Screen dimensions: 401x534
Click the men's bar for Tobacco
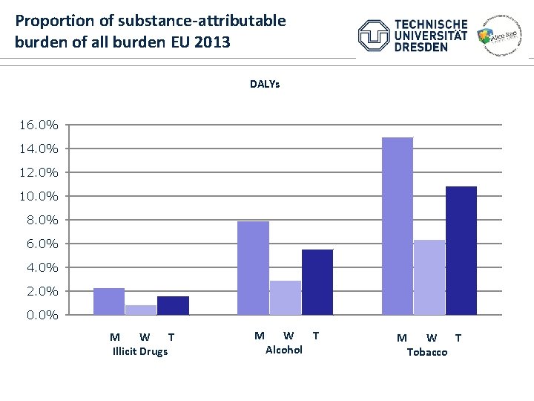(397, 226)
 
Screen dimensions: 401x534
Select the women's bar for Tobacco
(429, 277)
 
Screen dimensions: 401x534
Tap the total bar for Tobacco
(461, 250)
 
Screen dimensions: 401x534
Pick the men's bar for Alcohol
(253, 268)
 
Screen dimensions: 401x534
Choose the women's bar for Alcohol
(285, 297)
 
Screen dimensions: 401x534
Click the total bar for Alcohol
(317, 281)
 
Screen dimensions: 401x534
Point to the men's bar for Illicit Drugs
(109, 301)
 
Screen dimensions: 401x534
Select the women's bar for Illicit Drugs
(141, 310)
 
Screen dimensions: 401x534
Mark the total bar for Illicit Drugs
(173, 305)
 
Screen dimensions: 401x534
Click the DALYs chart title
(265, 85)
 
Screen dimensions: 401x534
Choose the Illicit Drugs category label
(139, 351)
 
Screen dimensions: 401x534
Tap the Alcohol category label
(284, 350)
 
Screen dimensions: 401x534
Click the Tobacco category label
(427, 352)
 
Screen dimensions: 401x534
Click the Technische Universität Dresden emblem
(373, 36)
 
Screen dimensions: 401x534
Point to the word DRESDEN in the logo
(421, 47)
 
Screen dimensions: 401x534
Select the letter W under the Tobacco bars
(432, 338)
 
